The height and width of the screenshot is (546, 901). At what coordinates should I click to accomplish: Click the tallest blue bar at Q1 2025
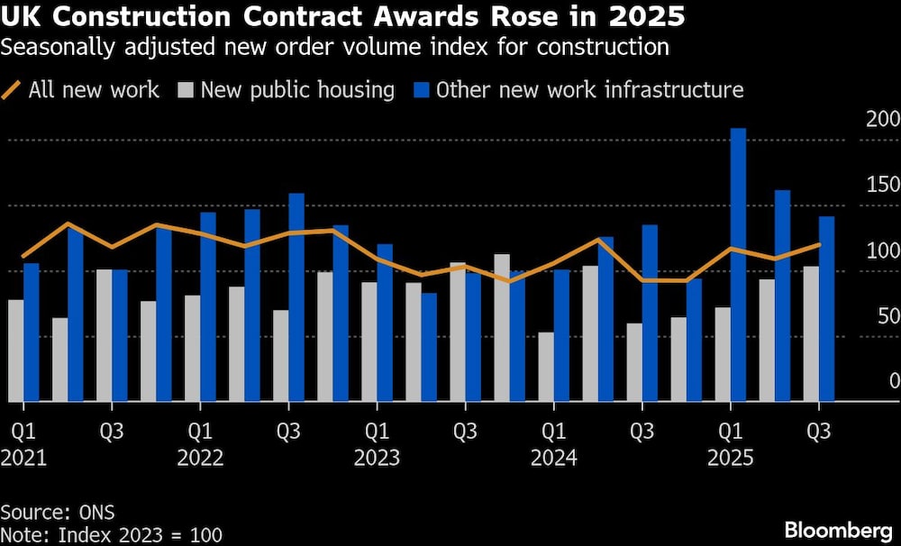click(x=738, y=265)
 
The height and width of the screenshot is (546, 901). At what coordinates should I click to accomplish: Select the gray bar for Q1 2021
click(x=15, y=350)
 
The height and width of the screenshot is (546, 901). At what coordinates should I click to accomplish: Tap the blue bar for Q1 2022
click(x=208, y=306)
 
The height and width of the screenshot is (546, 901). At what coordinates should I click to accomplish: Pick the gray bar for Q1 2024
click(x=545, y=367)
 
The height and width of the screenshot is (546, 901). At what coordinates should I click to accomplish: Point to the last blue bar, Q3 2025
click(x=826, y=309)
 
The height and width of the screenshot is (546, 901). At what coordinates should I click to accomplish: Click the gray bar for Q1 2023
click(x=369, y=341)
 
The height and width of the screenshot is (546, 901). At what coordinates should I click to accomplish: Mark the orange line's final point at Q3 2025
click(x=819, y=244)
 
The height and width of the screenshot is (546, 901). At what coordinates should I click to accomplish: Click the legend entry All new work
click(x=94, y=90)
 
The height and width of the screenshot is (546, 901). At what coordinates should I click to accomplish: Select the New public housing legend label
click(x=297, y=90)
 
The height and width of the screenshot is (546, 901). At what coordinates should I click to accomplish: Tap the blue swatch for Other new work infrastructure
click(x=422, y=90)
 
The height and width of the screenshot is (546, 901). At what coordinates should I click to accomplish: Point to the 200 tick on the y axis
click(x=882, y=120)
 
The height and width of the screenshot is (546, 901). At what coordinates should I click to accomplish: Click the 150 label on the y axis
click(x=882, y=186)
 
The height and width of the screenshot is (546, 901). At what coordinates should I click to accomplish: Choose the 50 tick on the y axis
click(x=887, y=316)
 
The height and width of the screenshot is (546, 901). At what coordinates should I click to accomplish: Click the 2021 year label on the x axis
click(x=23, y=458)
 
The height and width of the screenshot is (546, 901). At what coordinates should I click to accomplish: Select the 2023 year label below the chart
click(x=377, y=458)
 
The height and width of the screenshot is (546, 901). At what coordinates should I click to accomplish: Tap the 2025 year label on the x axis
click(x=730, y=458)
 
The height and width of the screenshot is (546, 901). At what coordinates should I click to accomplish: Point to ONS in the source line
click(x=96, y=513)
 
